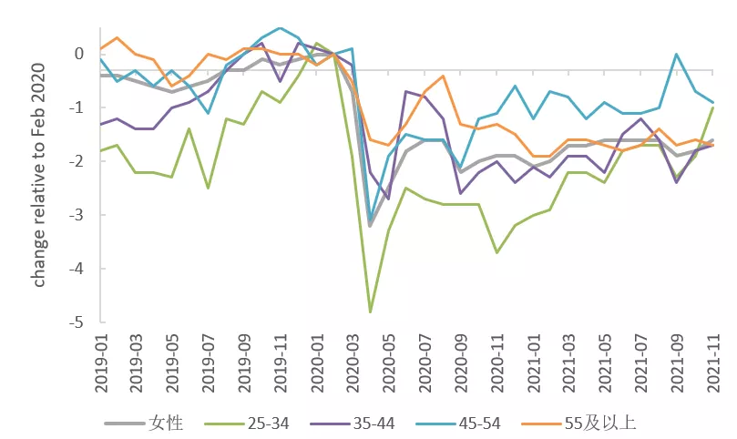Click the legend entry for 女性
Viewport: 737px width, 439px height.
pos(143,424)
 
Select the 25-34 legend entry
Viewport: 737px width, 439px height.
pos(247,424)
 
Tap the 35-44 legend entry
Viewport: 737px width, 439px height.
pos(353,424)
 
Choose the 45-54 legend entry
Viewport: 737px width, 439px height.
pos(458,424)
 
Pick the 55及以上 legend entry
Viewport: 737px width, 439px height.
pos(579,424)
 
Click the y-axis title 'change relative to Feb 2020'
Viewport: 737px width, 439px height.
pos(38,175)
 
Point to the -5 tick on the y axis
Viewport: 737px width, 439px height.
pos(77,322)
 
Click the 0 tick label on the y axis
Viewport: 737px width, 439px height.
pos(79,54)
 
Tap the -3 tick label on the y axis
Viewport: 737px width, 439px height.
pos(77,215)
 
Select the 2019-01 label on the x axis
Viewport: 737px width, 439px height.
pos(101,363)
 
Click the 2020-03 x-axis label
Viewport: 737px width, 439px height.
pos(353,363)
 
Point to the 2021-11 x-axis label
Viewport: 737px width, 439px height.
pos(713,363)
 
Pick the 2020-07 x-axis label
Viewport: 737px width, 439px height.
pos(425,363)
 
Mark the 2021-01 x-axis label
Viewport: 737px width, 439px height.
pos(533,363)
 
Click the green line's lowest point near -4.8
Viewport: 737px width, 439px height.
pos(371,311)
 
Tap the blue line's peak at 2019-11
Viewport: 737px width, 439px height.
pos(281,27)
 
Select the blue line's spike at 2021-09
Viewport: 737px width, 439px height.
pos(676,54)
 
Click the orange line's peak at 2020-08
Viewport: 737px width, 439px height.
pos(443,76)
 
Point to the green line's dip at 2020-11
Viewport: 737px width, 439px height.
pos(496,252)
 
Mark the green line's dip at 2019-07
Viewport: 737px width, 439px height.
pos(209,188)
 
